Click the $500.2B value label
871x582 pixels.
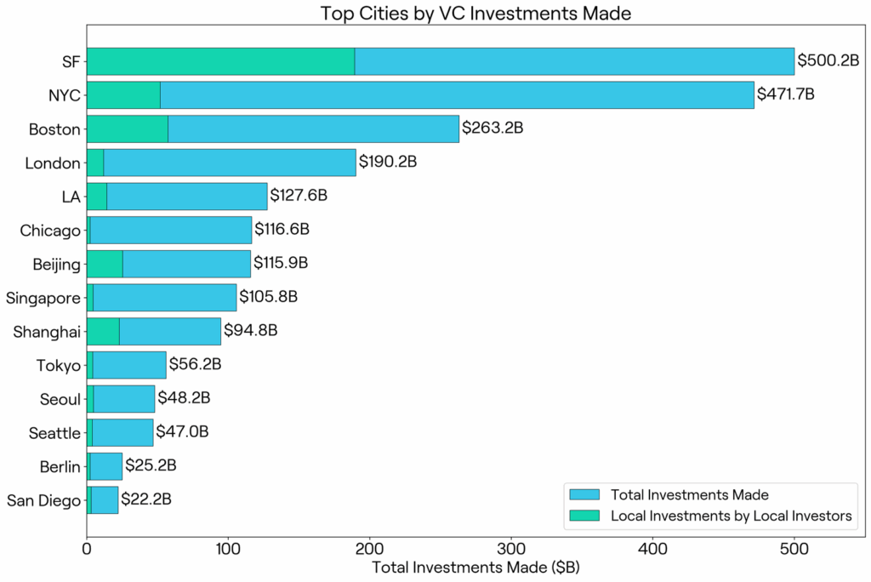click(828, 60)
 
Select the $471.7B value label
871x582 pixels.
click(786, 94)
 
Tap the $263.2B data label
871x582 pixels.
click(492, 128)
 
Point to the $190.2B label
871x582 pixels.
click(388, 162)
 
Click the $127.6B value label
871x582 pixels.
click(299, 196)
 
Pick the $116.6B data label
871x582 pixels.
click(282, 230)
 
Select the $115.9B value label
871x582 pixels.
click(281, 263)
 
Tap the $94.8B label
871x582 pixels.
click(251, 330)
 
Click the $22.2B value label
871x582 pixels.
click(146, 499)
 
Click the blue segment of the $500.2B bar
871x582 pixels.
click(574, 61)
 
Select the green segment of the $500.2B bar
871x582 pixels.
click(220, 61)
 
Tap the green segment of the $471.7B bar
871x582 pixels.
click(123, 94)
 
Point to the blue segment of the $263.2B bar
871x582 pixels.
click(313, 128)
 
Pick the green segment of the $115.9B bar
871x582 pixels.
click(105, 264)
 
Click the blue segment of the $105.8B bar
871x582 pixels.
click(164, 297)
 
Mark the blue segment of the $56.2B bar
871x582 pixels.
click(129, 364)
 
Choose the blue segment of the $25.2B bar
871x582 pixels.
click(106, 465)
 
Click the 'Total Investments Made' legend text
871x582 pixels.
click(689, 495)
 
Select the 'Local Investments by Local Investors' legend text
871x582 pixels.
click(731, 516)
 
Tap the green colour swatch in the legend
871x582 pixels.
click(585, 516)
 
